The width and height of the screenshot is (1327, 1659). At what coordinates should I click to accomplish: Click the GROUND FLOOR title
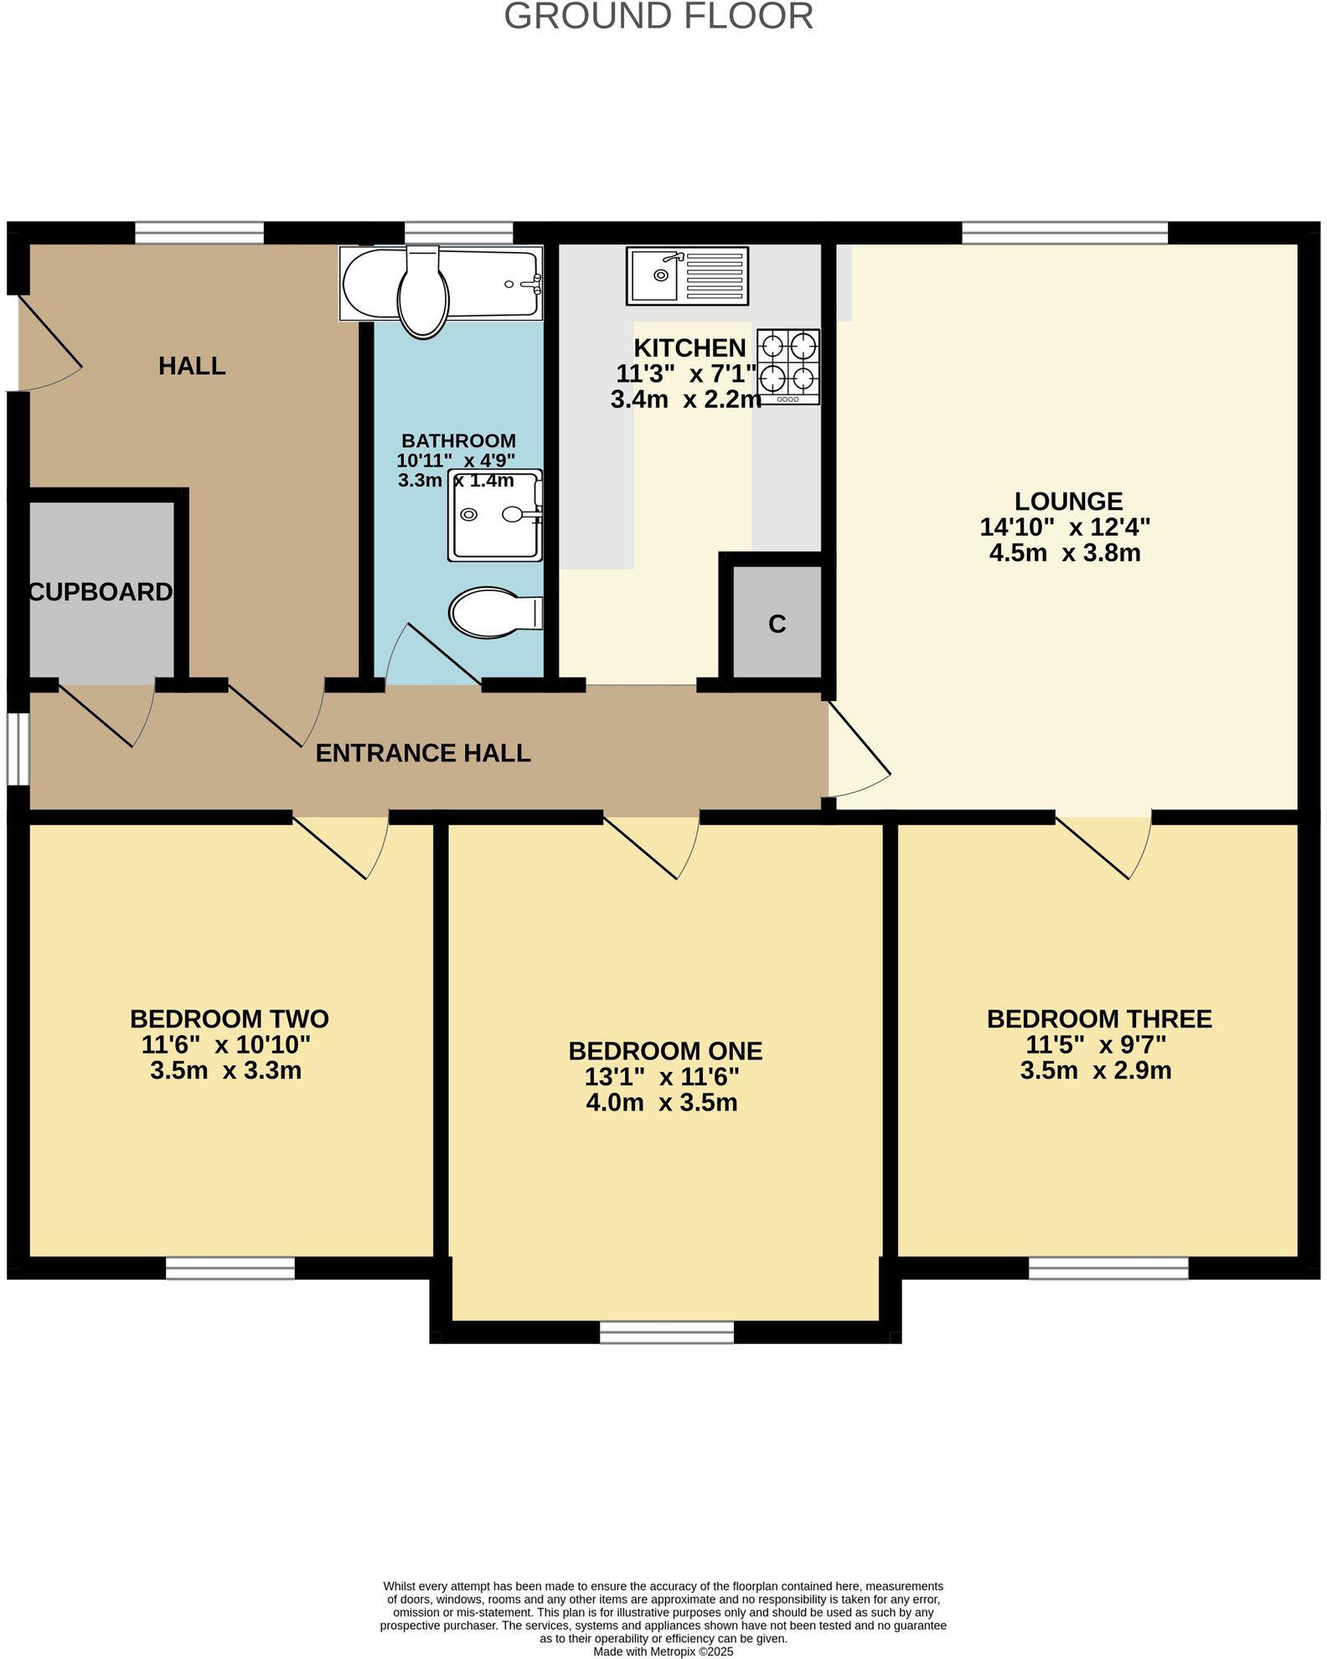(658, 17)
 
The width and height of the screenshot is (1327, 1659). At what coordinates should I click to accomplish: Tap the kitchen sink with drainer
(687, 276)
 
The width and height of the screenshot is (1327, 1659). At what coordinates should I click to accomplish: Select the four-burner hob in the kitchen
(788, 366)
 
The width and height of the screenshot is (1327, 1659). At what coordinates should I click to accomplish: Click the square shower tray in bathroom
(494, 514)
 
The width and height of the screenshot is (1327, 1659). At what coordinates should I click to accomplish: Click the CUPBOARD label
(101, 592)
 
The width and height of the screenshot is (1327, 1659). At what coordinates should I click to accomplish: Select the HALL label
(192, 366)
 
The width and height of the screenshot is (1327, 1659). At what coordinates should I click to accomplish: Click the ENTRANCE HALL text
(422, 753)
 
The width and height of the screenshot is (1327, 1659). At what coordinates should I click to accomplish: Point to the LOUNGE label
(1068, 501)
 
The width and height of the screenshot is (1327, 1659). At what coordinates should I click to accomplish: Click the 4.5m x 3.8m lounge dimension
(1064, 553)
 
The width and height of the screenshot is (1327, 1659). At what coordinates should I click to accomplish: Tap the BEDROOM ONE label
(665, 1050)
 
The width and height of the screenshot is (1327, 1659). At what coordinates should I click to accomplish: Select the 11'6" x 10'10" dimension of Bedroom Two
(226, 1044)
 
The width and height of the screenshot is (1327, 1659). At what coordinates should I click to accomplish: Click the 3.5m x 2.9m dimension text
(1095, 1070)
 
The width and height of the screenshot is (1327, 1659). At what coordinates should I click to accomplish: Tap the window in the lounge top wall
(1064, 232)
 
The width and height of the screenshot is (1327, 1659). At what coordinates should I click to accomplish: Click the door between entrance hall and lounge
(859, 750)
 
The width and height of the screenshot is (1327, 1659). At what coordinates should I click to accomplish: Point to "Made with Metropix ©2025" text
(663, 1651)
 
